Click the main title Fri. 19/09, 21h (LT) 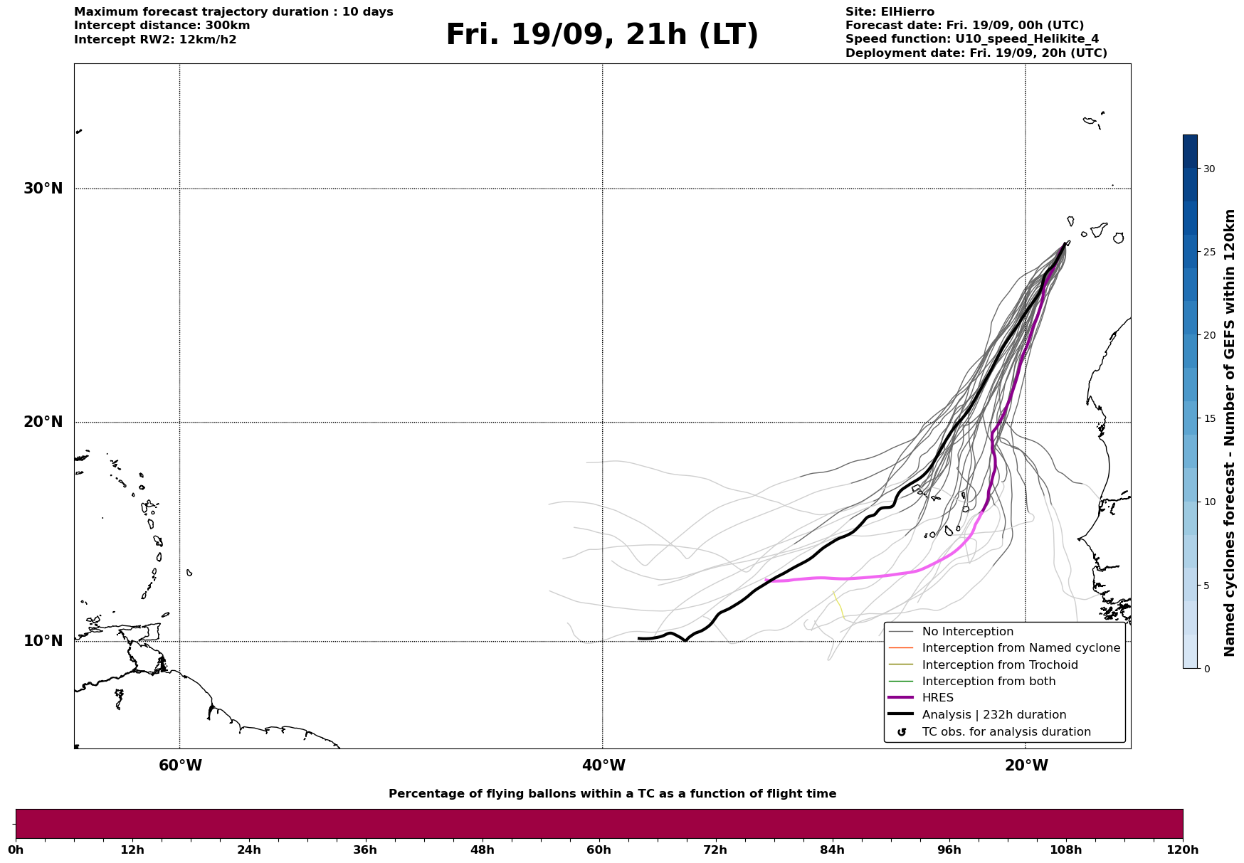coord(602,35)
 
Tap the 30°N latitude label coord(43,189)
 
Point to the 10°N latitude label coord(43,641)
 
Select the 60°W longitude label coord(180,766)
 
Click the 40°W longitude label coord(603,766)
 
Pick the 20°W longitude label coord(1026,766)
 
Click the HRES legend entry coord(937,698)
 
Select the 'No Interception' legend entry coord(967,632)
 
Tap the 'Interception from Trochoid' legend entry coord(999,665)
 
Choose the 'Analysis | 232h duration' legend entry coord(993,715)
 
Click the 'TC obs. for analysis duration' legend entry coord(1006,732)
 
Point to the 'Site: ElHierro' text coord(890,12)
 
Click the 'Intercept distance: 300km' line coord(162,26)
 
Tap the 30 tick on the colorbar coord(1209,169)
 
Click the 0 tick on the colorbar coord(1206,668)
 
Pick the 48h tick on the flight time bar coord(482,850)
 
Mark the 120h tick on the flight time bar coord(1183,850)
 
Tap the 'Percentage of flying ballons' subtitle coord(612,794)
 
